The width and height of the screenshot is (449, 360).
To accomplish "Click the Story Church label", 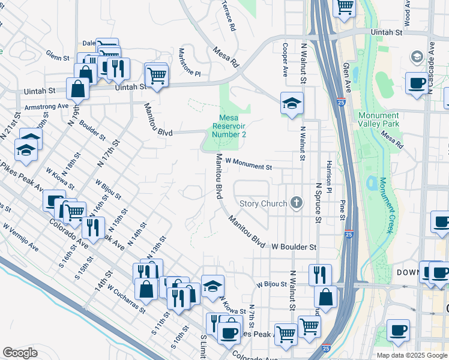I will pyautogui.click(x=263, y=203).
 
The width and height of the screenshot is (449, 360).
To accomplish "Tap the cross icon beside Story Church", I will pyautogui.click(x=295, y=203).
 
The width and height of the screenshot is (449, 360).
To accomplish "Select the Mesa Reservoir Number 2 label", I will pyautogui.click(x=229, y=126).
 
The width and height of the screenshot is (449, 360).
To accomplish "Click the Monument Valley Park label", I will pyautogui.click(x=379, y=120).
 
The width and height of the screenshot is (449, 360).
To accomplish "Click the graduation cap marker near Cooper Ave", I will pyautogui.click(x=292, y=104).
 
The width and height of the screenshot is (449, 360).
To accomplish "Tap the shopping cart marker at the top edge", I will pyautogui.click(x=345, y=7).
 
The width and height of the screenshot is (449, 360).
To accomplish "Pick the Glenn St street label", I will pyautogui.click(x=58, y=57).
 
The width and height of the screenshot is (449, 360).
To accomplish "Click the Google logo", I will pyautogui.click(x=20, y=352).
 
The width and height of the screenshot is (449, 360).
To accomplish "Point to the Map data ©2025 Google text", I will pyautogui.click(x=412, y=355).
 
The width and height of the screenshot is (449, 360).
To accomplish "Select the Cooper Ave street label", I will pyautogui.click(x=286, y=59).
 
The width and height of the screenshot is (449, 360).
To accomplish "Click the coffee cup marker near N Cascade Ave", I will pyautogui.click(x=417, y=83).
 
